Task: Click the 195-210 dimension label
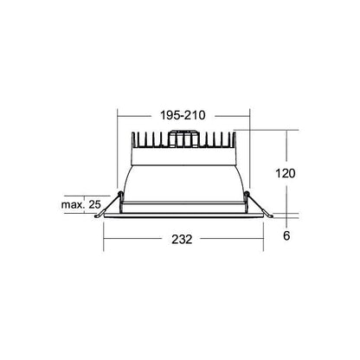183,115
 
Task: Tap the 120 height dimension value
286,174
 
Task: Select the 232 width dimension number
182,240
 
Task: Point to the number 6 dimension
286,235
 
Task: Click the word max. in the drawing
72,205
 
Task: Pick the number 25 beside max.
94,204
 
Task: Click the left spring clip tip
96,216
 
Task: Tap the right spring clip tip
272,216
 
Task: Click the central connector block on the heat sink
183,139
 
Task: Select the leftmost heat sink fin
133,140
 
